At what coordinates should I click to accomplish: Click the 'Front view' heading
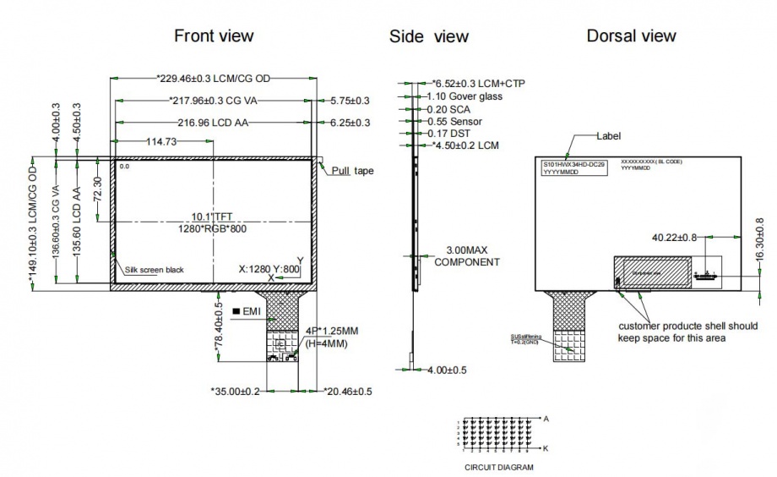pyautogui.click(x=214, y=36)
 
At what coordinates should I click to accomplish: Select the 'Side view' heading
pyautogui.click(x=428, y=36)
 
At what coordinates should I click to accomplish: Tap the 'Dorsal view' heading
pyautogui.click(x=631, y=36)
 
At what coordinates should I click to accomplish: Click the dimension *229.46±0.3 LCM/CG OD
pyautogui.click(x=214, y=79)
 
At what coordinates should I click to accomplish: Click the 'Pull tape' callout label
pyautogui.click(x=352, y=170)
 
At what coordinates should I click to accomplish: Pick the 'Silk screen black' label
pyautogui.click(x=155, y=270)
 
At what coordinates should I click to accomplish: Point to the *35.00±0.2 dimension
pyautogui.click(x=235, y=392)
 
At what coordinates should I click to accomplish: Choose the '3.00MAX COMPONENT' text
pyautogui.click(x=467, y=256)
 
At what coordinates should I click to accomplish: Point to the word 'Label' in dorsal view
pyautogui.click(x=608, y=135)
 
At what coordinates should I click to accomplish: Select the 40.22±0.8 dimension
pyautogui.click(x=674, y=238)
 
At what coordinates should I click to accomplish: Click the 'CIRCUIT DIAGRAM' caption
pyautogui.click(x=499, y=466)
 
